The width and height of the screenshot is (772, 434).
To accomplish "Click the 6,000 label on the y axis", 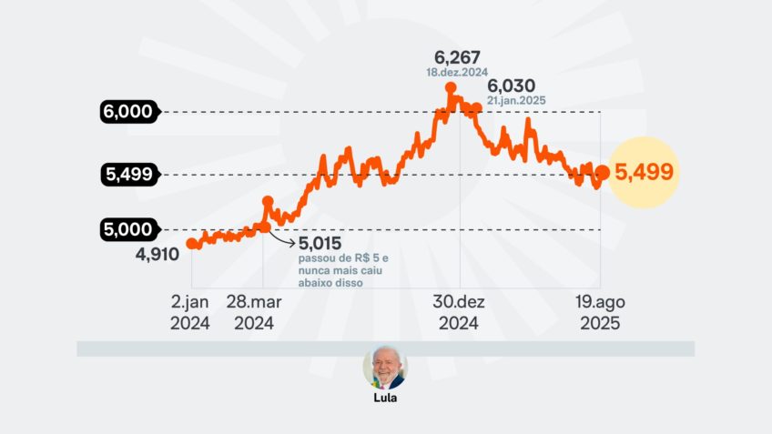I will pyautogui.click(x=127, y=112).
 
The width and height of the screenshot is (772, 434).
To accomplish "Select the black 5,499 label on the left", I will pyautogui.click(x=127, y=174).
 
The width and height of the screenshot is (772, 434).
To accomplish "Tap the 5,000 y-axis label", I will pyautogui.click(x=127, y=229).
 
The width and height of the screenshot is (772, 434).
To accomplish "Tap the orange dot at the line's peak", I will pyautogui.click(x=451, y=88).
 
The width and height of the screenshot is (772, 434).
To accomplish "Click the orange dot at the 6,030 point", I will pyautogui.click(x=476, y=107).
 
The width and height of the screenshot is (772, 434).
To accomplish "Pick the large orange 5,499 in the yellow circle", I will pyautogui.click(x=645, y=172).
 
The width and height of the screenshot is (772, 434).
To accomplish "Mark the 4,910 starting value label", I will pyautogui.click(x=157, y=254).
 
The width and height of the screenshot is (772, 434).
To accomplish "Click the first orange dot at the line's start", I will pyautogui.click(x=191, y=243).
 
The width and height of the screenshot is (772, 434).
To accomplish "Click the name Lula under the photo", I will pyautogui.click(x=385, y=399).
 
